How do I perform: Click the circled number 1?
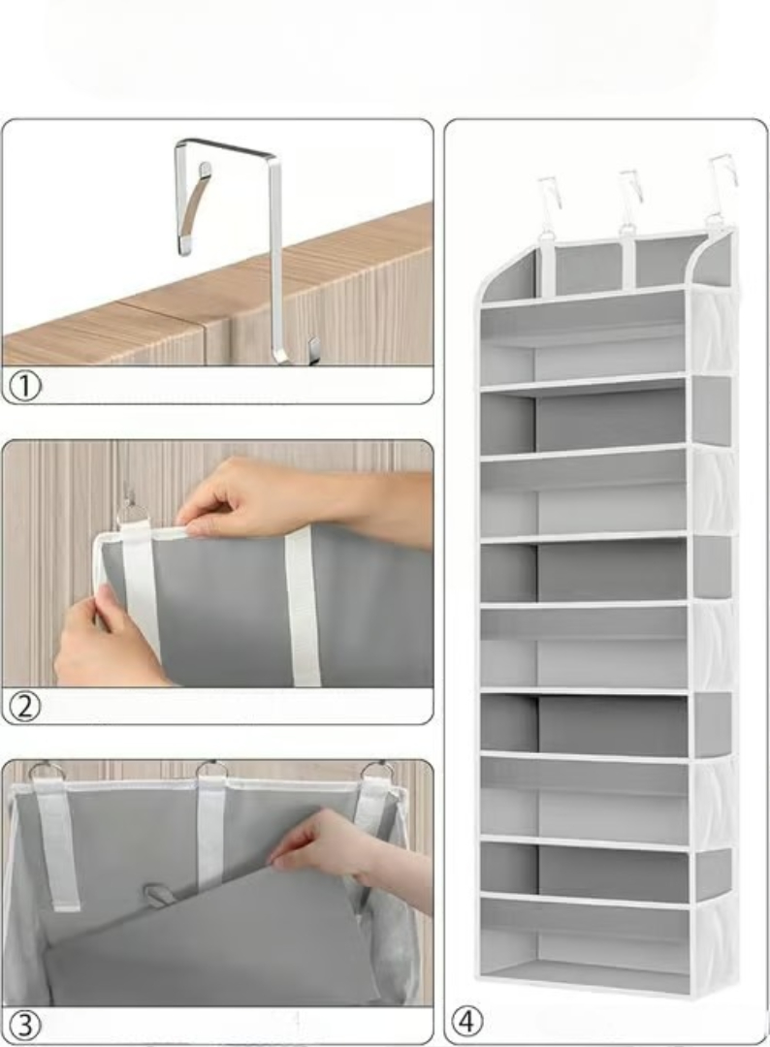tap(25, 386)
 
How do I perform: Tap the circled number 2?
tap(25, 707)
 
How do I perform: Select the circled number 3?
tap(25, 1026)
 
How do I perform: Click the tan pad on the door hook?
tap(194, 207)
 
